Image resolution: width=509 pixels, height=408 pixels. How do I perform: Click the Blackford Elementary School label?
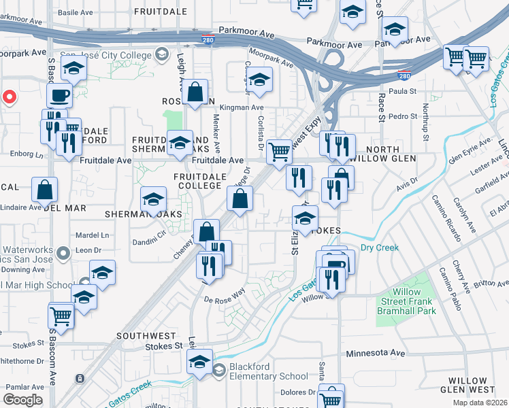268,371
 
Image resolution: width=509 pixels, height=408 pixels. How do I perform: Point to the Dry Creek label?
379,248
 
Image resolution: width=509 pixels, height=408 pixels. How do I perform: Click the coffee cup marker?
59,96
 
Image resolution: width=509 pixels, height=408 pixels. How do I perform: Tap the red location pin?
9,97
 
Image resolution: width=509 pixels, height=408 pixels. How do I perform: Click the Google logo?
22,399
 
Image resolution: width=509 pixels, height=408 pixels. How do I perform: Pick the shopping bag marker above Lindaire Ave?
44,190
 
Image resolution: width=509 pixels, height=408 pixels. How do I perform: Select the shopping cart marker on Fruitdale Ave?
279,152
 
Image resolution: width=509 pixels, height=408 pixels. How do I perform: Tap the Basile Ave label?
75,12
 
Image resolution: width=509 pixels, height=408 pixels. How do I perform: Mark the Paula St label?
401,91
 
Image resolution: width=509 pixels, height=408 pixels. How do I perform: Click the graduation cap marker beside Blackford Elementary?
199,362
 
